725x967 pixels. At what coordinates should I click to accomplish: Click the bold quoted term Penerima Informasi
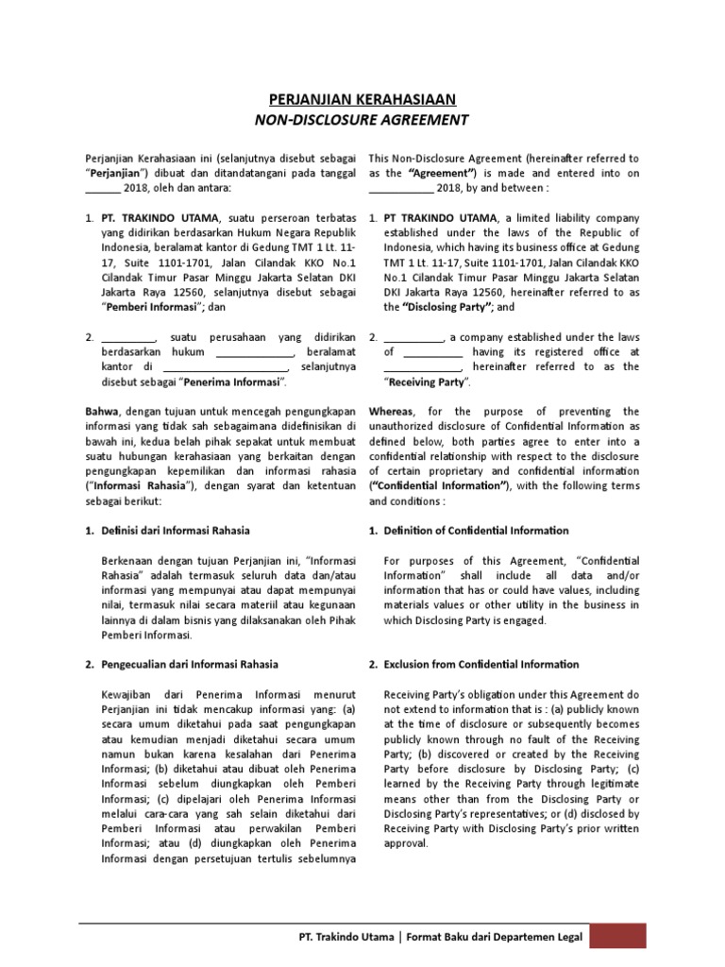tap(235, 382)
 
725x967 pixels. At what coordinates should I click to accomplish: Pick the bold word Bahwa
tap(103, 411)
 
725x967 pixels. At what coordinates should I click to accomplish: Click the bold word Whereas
tap(391, 411)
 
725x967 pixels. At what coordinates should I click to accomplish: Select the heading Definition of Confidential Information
tap(476, 530)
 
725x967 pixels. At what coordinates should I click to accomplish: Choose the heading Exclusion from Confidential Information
tap(481, 664)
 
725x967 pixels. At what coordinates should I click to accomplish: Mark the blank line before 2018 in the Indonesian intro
tap(103, 188)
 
